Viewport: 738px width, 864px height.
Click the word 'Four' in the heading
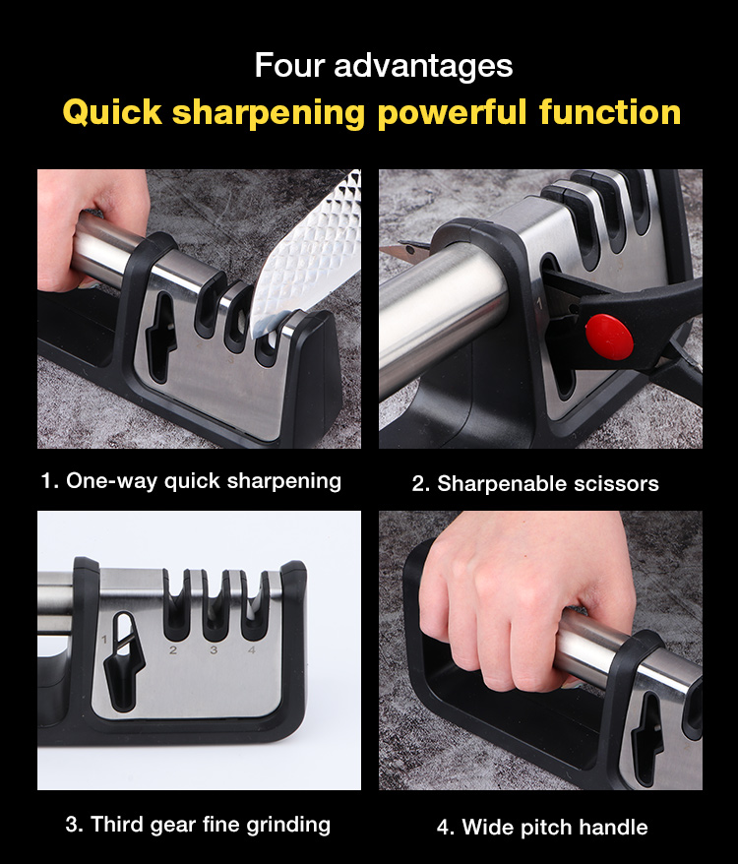(x=289, y=66)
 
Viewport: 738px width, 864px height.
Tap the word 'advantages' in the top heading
(x=423, y=67)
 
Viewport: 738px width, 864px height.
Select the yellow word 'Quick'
(x=112, y=112)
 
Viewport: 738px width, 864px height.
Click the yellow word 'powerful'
(x=452, y=113)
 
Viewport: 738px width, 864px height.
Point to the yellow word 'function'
(x=610, y=112)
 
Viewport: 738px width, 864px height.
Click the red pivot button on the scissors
(x=608, y=338)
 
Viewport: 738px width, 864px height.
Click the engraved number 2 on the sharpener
(x=172, y=650)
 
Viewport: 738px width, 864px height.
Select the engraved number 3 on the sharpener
(x=214, y=650)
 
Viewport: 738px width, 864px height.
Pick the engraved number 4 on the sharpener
(x=251, y=650)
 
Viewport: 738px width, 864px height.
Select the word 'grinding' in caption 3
(x=288, y=826)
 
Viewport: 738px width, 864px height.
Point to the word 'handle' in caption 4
(x=613, y=827)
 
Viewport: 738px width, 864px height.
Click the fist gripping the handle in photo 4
(x=526, y=600)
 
